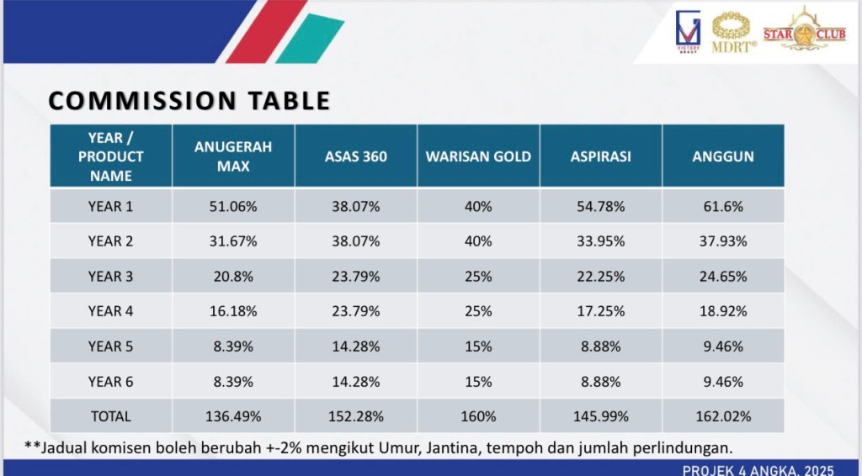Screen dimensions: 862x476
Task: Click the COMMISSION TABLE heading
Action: point(189,100)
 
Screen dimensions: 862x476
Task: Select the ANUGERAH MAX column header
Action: point(233,156)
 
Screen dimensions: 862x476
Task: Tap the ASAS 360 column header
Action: point(356,156)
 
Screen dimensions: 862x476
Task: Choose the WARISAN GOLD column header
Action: point(478,156)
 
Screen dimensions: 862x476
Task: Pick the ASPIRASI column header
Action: point(601,156)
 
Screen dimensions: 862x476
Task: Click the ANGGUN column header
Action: point(723,156)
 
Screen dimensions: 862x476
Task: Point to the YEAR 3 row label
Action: point(110,276)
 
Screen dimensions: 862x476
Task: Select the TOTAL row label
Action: point(110,416)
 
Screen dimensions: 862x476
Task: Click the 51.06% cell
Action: point(233,206)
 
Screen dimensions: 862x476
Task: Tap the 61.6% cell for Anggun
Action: point(723,206)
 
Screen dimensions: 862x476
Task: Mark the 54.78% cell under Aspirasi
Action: point(601,206)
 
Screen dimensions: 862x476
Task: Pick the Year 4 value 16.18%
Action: point(233,311)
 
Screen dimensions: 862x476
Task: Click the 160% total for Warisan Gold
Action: point(478,416)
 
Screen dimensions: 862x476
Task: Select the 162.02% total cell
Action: point(723,416)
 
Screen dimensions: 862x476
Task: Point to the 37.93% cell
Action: point(723,241)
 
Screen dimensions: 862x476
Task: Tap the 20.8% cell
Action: point(233,276)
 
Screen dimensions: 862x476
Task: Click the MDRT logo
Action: point(733,33)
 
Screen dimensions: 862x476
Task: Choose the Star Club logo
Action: point(804,30)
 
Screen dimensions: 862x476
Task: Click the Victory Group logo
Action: point(688,31)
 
